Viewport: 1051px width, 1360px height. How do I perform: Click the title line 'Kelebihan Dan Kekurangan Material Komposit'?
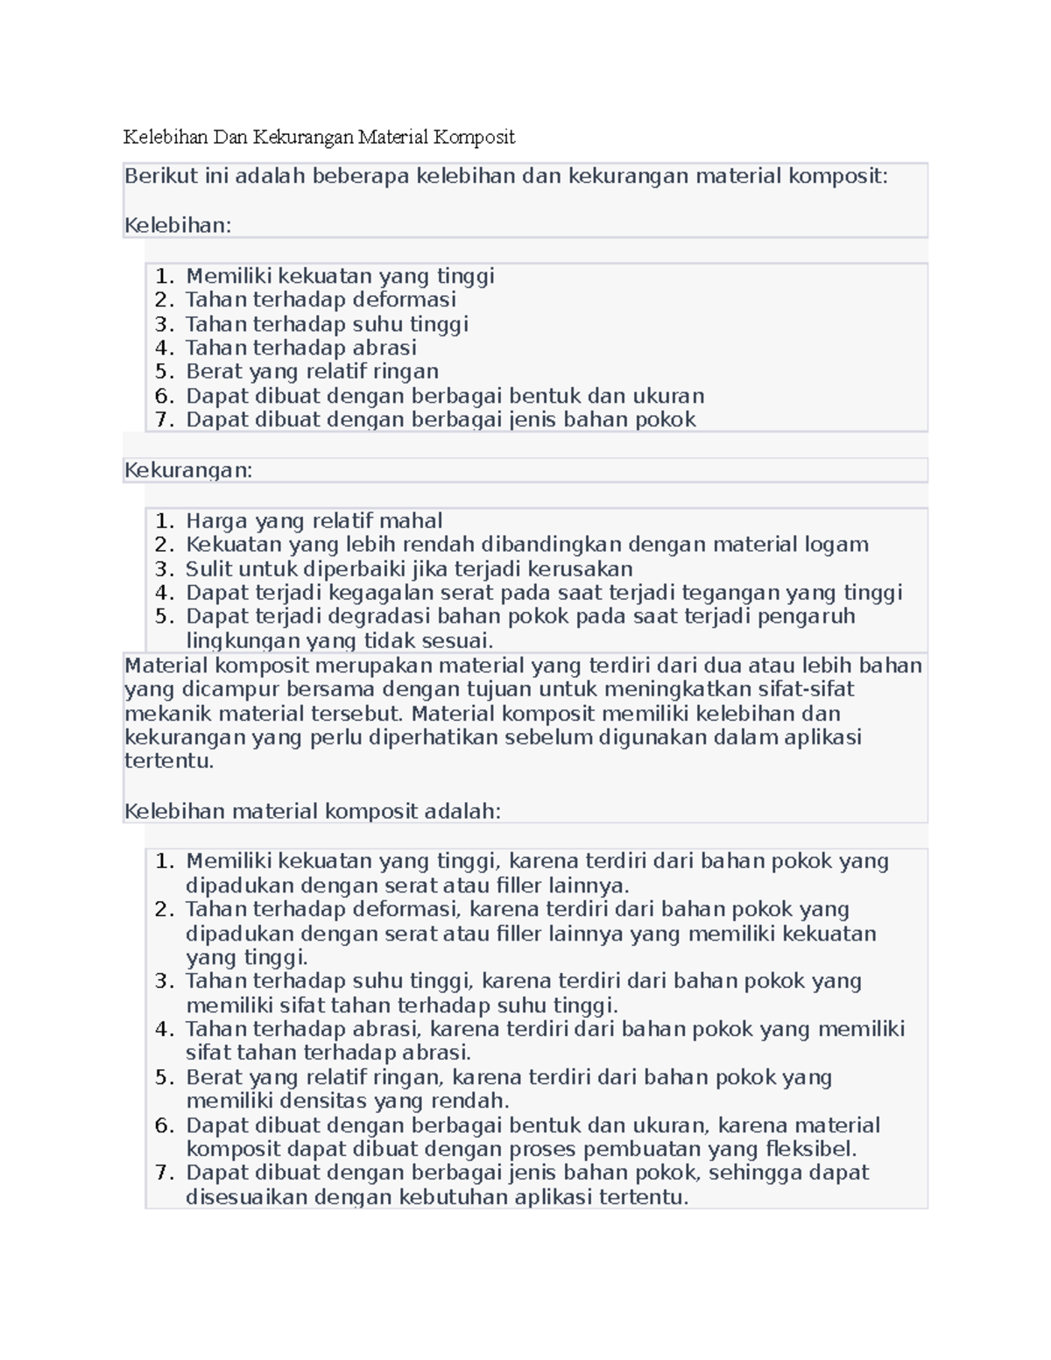click(319, 137)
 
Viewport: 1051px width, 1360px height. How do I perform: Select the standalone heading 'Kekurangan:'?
click(188, 470)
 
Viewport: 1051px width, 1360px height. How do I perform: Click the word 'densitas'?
click(321, 1101)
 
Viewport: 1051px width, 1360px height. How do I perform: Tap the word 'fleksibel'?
click(810, 1149)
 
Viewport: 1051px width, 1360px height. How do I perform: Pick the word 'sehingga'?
click(752, 1173)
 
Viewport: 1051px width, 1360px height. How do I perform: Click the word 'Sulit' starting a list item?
click(208, 569)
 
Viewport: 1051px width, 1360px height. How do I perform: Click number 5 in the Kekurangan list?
click(163, 617)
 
